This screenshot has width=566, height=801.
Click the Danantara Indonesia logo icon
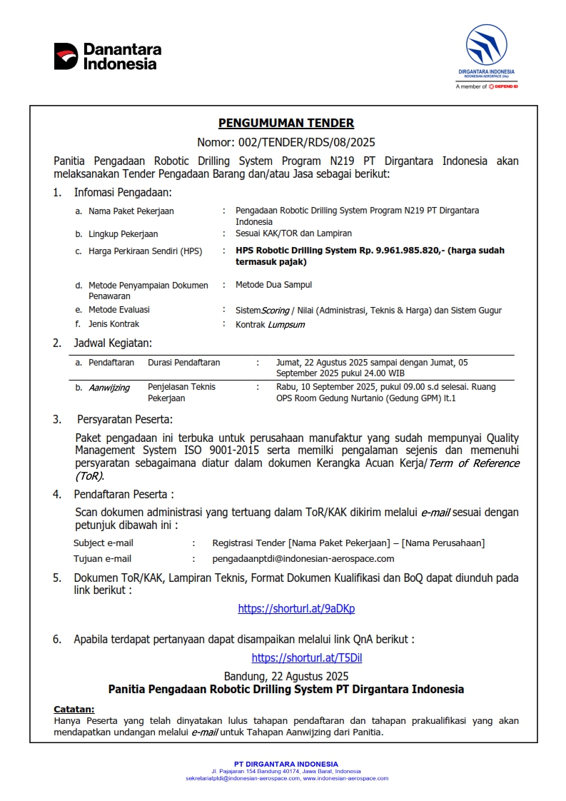pos(66,56)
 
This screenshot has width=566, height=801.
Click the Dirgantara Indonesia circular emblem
pos(486,45)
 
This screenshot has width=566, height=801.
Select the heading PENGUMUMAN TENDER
pos(285,124)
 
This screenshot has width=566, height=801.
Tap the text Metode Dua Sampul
pos(273,285)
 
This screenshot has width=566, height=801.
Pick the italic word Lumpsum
pos(286,324)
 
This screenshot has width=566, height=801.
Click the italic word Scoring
pos(275,311)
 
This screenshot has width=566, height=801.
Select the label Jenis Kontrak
pos(113,324)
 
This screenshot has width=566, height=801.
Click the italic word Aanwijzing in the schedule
pos(109,388)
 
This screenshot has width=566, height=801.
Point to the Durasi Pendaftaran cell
pos(183,363)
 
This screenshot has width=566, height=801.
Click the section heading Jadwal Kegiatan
pos(113,343)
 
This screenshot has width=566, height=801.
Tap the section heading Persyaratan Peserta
pos(125,419)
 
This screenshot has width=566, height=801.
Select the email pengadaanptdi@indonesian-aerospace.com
pos(303,559)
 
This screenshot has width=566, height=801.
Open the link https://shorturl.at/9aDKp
pos(296,609)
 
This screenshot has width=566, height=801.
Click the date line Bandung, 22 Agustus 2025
pos(286,675)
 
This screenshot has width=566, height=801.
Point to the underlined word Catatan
pos(74,710)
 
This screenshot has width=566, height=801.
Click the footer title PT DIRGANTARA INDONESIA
pos(286,765)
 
